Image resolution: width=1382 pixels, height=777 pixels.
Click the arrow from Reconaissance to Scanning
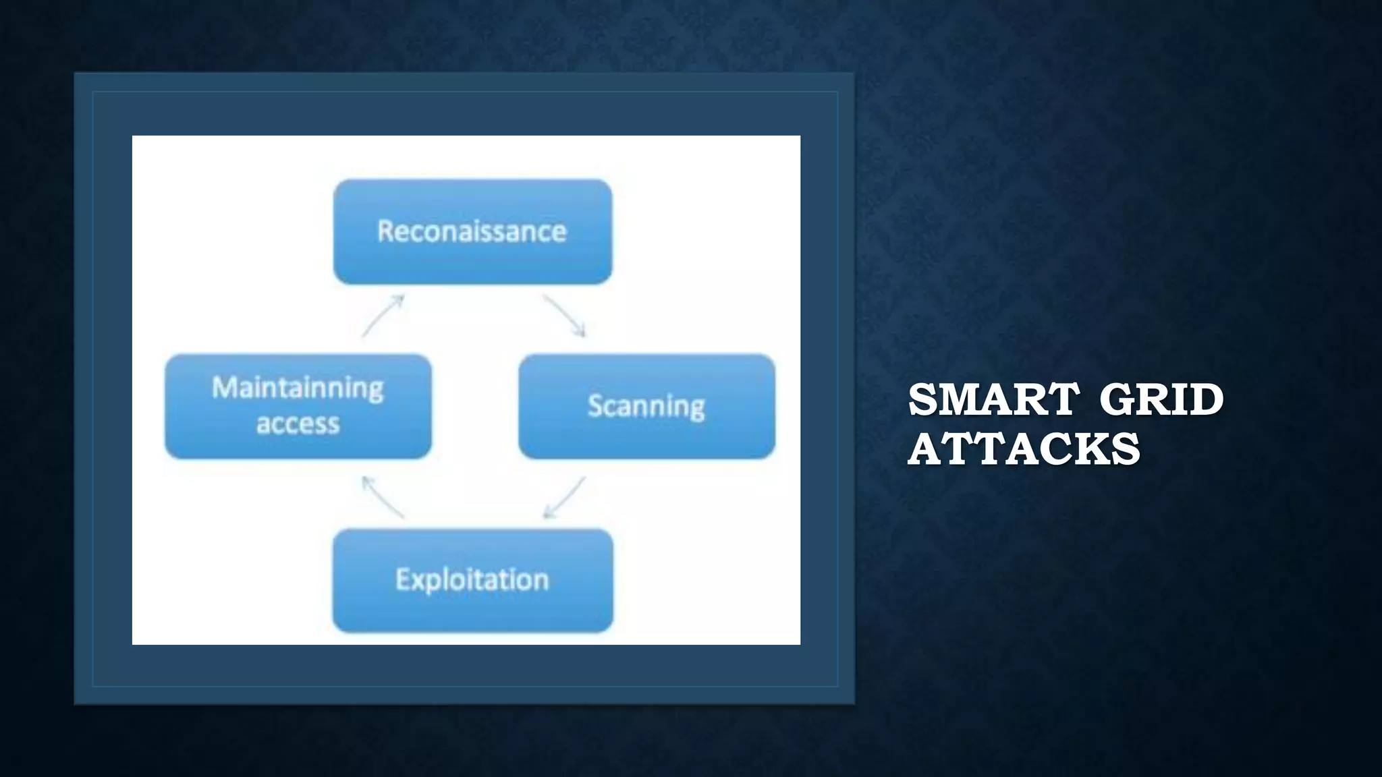[564, 316]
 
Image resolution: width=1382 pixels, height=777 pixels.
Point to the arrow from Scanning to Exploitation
[564, 498]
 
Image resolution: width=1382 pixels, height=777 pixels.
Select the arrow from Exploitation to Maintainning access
[383, 497]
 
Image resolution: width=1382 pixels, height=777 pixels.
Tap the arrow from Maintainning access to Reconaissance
[383, 316]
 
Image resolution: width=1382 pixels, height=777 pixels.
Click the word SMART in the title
[993, 399]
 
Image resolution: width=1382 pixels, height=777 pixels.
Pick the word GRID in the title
[1161, 399]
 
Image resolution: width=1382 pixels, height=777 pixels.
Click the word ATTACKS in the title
[1024, 449]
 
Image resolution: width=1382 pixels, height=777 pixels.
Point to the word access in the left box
[298, 424]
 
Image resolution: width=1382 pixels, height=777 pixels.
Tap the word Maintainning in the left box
[298, 389]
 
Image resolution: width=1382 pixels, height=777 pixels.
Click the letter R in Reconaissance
[385, 231]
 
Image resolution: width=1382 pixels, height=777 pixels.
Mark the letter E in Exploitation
[403, 579]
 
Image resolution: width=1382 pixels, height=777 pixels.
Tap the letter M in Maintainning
[224, 388]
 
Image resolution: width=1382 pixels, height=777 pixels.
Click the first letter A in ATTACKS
[924, 449]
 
